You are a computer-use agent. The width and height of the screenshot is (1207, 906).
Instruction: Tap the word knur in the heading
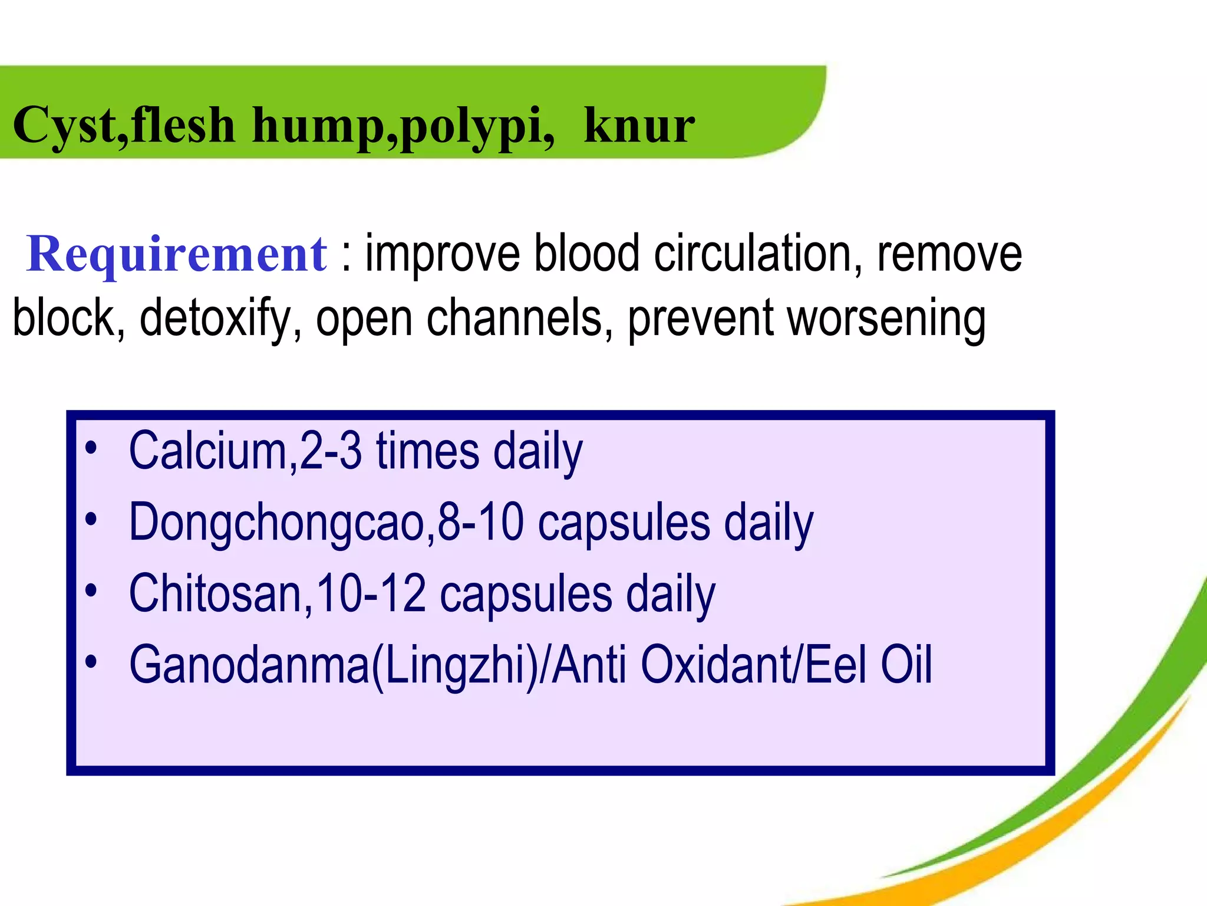(639, 126)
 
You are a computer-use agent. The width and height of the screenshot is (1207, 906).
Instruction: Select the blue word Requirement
(177, 254)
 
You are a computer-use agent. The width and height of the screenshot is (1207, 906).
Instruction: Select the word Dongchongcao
(277, 523)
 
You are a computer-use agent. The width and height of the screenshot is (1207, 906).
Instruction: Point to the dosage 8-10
(480, 523)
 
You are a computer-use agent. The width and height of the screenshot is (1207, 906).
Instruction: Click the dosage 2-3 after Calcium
(330, 451)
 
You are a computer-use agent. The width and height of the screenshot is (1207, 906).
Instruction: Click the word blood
(586, 254)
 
